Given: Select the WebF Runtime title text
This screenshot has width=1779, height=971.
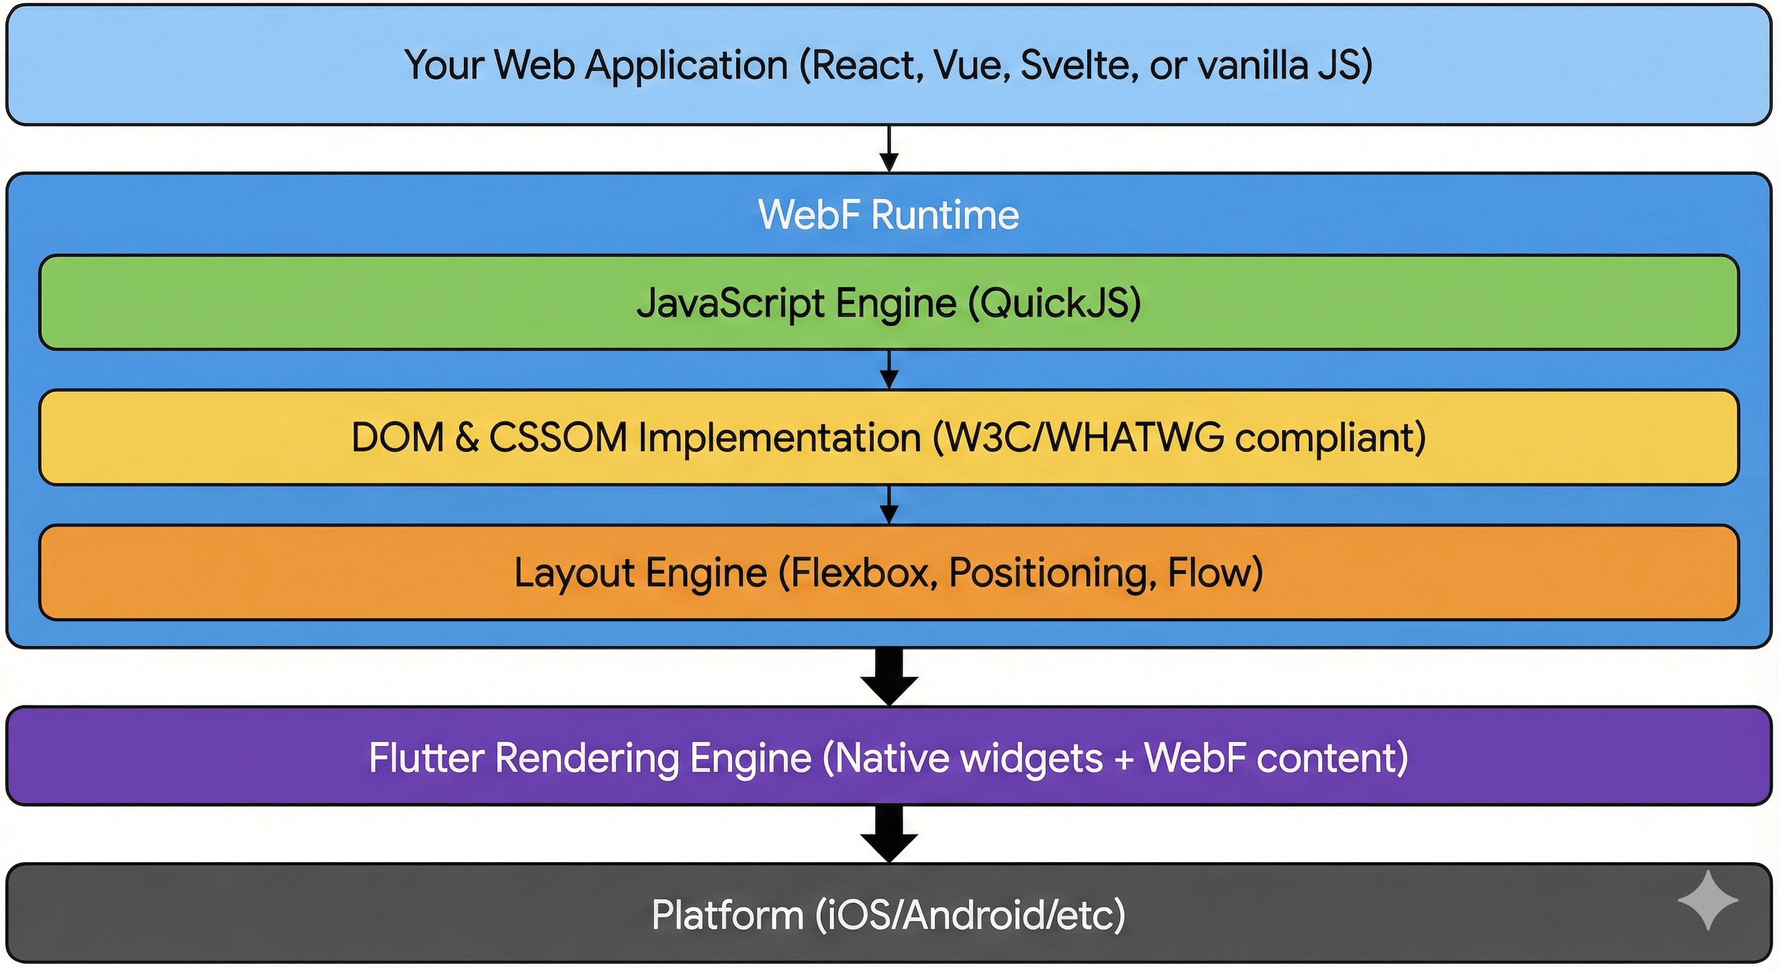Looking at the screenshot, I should click(888, 215).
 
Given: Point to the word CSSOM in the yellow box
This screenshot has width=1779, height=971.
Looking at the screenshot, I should click(557, 437).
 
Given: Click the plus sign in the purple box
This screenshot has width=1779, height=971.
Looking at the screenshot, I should click(1124, 759).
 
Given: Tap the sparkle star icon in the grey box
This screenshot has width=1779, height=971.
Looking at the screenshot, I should click(1707, 900).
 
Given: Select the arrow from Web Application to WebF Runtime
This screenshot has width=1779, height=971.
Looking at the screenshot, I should click(889, 149).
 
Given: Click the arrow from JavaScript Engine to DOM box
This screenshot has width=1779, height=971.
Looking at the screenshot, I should click(889, 370).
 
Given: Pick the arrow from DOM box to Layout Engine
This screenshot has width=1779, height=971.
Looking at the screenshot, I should click(889, 505).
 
